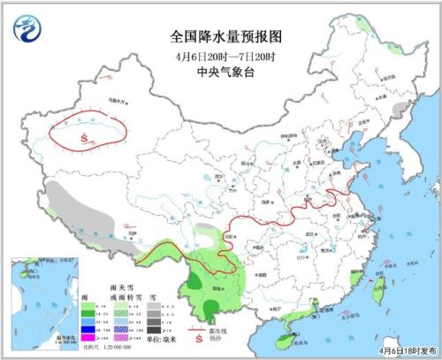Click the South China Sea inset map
[41, 301]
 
